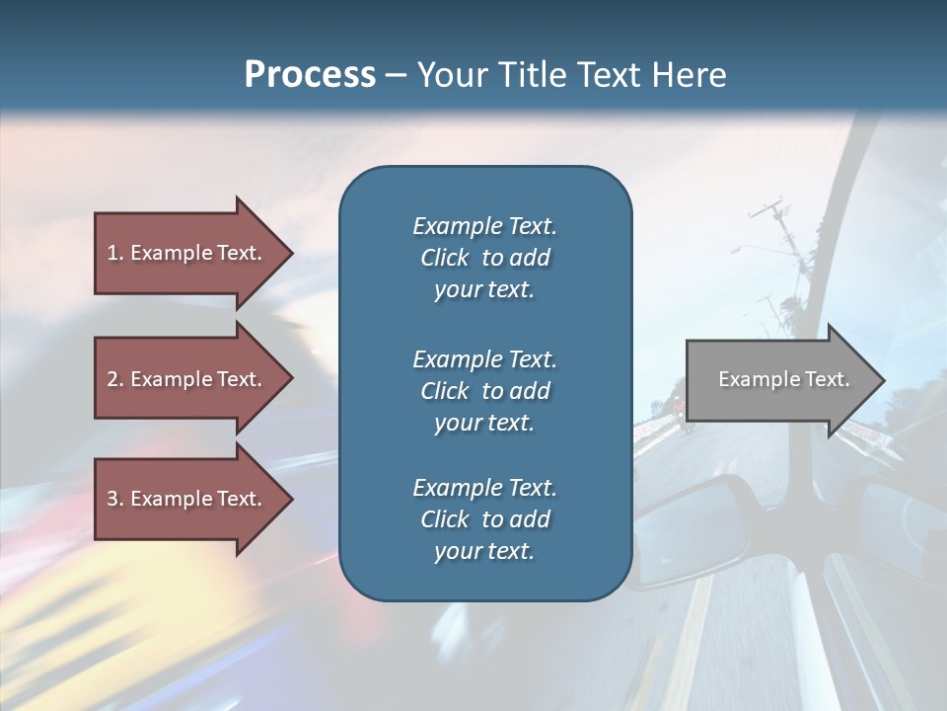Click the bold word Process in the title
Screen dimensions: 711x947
(310, 75)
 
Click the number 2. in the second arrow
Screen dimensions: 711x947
(114, 379)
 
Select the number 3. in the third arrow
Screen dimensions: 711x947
(114, 499)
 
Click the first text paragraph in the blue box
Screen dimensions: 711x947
(484, 258)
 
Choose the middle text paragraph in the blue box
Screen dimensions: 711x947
(484, 391)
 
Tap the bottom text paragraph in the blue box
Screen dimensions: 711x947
(484, 519)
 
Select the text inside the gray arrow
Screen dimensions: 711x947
(783, 379)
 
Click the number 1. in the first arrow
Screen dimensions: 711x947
(114, 253)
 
